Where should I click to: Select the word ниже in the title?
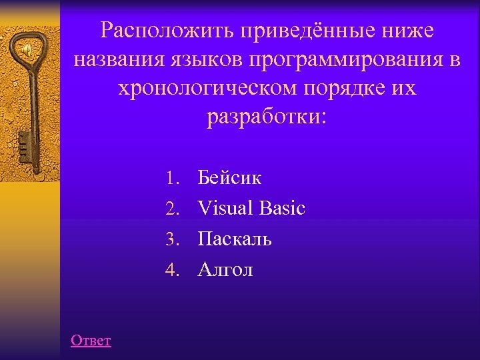point(407,31)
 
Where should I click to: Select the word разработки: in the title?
point(267,119)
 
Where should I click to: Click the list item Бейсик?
point(229,179)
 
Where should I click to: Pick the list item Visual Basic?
point(251,209)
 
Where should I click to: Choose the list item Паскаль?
point(235,239)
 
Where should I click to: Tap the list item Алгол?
point(225,269)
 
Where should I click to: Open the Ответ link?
point(91,341)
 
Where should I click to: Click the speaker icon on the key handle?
point(27,50)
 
